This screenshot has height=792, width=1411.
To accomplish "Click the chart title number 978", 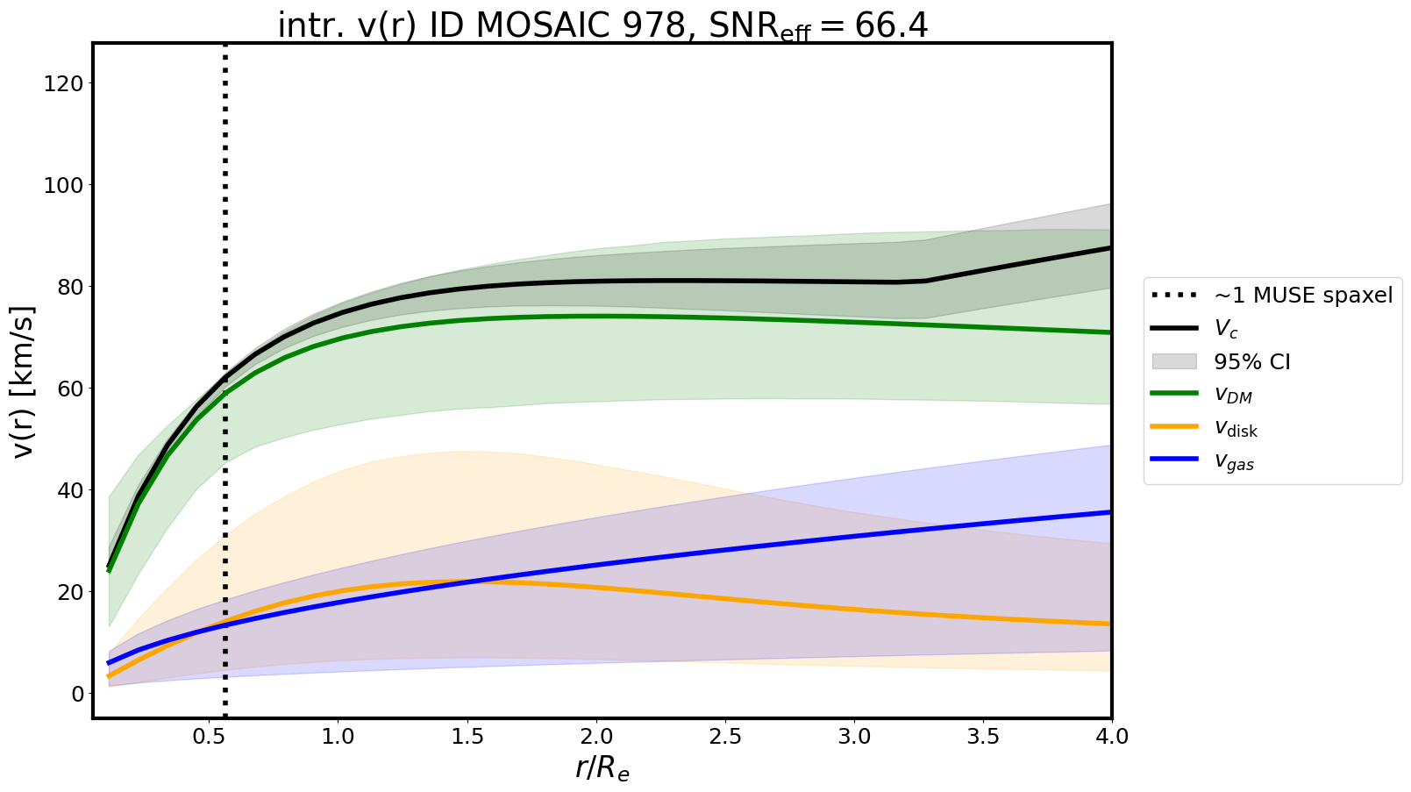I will (x=652, y=25).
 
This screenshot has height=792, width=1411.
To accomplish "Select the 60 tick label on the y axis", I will (x=73, y=389).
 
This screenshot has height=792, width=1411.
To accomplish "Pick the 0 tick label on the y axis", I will (x=79, y=694).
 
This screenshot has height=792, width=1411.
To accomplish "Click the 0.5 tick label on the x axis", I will (x=209, y=737).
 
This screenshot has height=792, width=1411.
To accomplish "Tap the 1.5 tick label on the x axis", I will (x=467, y=737).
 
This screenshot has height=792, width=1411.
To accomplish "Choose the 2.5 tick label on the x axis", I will (x=725, y=737).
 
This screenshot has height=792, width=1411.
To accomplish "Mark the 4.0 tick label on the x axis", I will (x=1111, y=737).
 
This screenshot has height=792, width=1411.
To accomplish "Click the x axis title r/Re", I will (x=602, y=768).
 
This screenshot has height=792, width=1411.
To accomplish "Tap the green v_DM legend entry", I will (x=1233, y=396).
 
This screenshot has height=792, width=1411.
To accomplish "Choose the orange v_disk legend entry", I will (x=1236, y=429).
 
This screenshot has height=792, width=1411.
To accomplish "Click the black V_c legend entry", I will (x=1226, y=329).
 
